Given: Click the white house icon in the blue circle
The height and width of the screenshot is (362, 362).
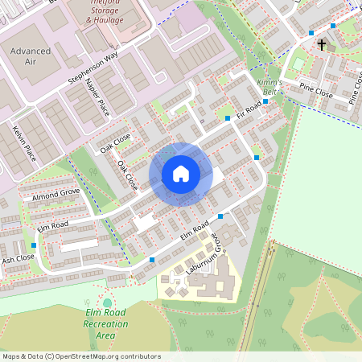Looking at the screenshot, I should click(x=181, y=174).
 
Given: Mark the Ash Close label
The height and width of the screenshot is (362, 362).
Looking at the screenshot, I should click(x=18, y=259).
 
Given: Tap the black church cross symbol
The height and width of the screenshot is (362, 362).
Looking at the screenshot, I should click(x=322, y=45).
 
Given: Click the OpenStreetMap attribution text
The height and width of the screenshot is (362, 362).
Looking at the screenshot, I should click(x=80, y=356).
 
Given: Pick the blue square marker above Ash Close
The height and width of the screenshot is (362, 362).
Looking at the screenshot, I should click(x=34, y=245).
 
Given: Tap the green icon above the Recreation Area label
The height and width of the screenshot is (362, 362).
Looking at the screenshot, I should click(x=108, y=302).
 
